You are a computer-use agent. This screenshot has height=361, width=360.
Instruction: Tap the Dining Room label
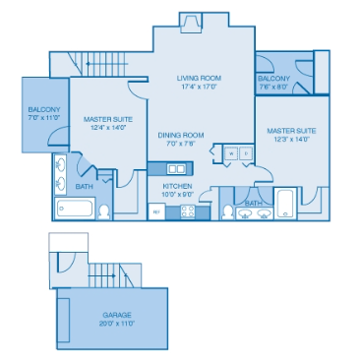click(181, 135)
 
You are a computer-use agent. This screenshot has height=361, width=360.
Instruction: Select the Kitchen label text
click(177, 184)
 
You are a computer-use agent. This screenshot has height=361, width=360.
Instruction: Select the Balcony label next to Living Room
click(272, 78)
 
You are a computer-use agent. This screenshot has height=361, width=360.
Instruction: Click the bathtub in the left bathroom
click(76, 209)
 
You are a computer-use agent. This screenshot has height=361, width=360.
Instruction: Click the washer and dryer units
click(234, 153)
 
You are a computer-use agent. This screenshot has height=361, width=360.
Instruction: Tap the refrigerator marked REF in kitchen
click(155, 211)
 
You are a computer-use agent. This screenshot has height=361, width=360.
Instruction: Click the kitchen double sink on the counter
click(163, 168)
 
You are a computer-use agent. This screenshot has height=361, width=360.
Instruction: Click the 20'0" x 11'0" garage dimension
click(116, 323)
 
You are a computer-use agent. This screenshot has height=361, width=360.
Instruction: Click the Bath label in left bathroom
click(84, 185)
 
